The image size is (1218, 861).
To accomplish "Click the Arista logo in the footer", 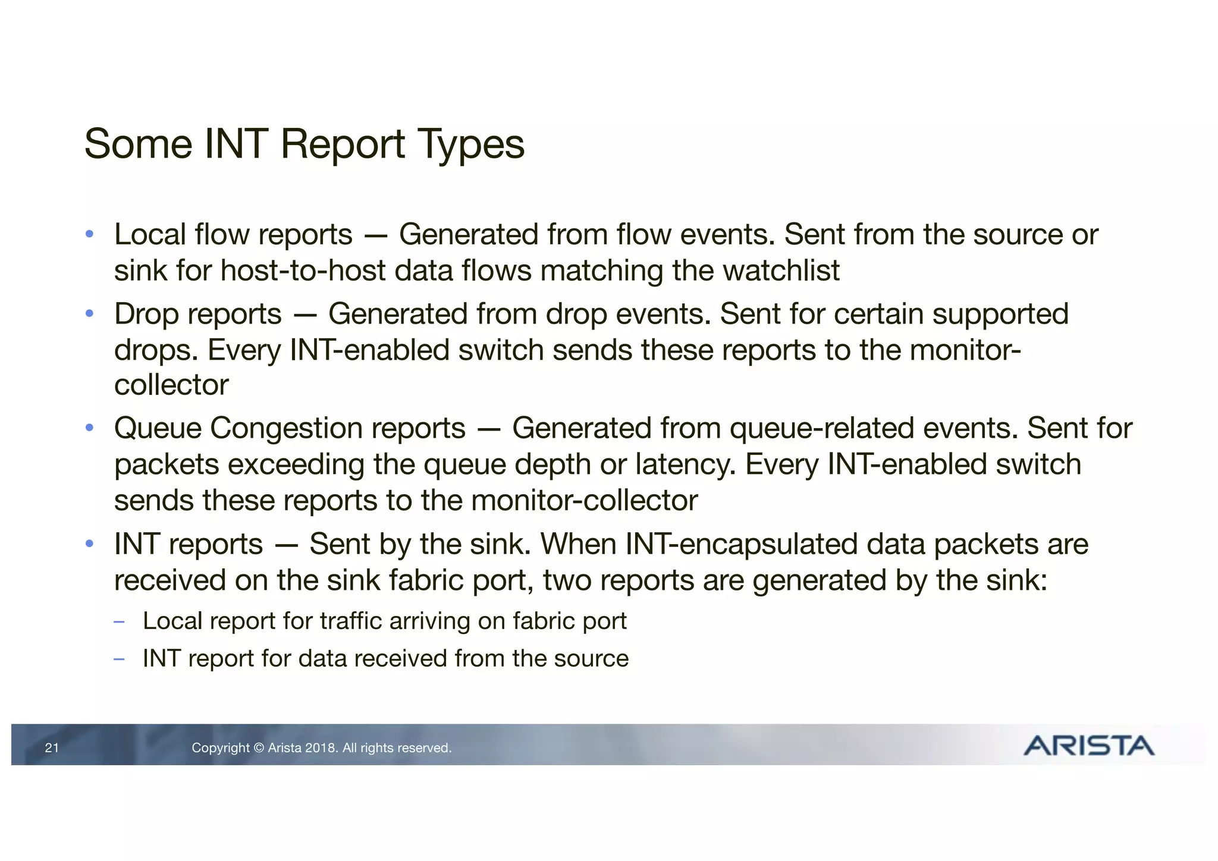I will [x=1088, y=746].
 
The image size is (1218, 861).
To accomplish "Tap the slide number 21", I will [x=52, y=748].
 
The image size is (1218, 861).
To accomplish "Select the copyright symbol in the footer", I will [x=259, y=748].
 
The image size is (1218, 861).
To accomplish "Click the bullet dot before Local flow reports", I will [x=89, y=234].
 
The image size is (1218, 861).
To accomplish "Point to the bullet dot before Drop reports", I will [x=89, y=313].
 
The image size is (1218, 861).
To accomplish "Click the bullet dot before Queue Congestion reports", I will [x=89, y=428].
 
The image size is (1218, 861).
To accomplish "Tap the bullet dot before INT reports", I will [x=89, y=543].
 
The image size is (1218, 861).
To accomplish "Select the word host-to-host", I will [x=303, y=271].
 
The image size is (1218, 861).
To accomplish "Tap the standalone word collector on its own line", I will [x=171, y=385].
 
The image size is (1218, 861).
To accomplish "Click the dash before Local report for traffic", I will [x=119, y=622].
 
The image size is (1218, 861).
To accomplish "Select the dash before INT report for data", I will [x=119, y=659].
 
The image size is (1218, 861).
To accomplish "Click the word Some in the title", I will [x=138, y=145].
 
